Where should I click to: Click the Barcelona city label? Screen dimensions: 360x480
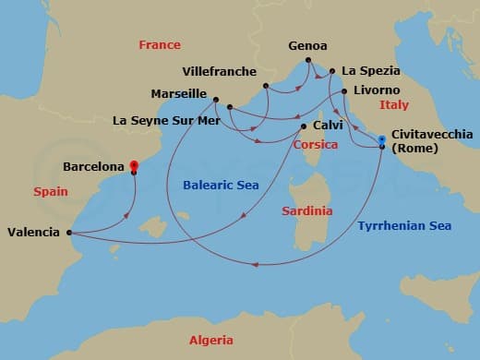pos(93,167)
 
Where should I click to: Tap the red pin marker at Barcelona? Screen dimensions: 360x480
pos(134,163)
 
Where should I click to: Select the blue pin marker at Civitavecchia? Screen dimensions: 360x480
pos(381,139)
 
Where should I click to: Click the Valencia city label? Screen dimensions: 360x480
pos(35,233)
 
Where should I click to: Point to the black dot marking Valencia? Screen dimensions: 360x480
pos(70,233)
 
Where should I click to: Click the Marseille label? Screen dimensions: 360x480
pos(178,93)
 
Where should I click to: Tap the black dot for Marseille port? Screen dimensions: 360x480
pos(215,100)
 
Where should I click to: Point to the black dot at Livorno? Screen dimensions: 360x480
pos(343,91)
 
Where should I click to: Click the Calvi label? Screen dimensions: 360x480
pos(328,126)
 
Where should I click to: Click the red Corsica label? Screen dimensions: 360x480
pos(315,145)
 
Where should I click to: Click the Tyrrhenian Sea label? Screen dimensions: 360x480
pos(403,225)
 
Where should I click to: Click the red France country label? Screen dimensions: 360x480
pos(159,44)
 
